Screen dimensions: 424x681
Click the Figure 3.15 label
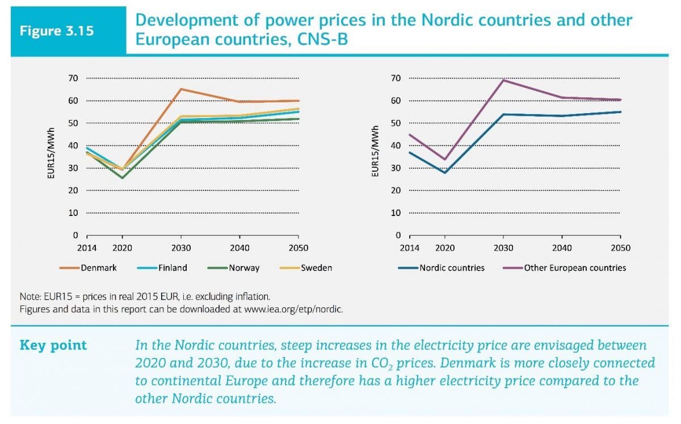[57, 31]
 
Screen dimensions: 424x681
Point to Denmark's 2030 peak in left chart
[180, 89]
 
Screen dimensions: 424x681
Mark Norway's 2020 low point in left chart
[122, 178]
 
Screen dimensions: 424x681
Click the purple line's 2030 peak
[503, 80]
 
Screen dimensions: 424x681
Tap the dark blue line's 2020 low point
[445, 172]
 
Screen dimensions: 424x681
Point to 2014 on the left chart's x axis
[86, 248]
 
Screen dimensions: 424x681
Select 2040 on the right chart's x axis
[562, 248]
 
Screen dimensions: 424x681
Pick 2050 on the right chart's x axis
[620, 248]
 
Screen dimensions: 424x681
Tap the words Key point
[53, 346]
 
